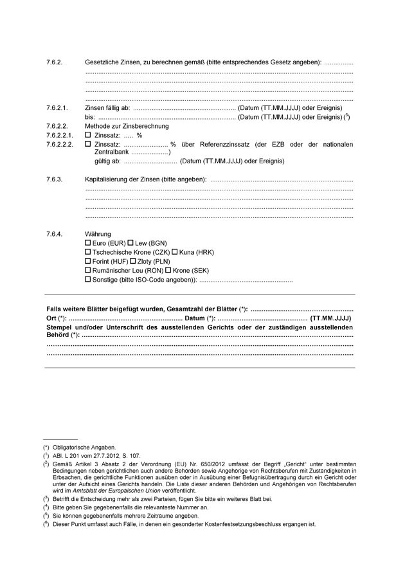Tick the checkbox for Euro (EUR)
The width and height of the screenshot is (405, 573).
pyautogui.click(x=88, y=244)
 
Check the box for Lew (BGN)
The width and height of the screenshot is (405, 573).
pyautogui.click(x=130, y=244)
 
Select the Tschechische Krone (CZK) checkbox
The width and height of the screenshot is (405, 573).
pyautogui.click(x=88, y=253)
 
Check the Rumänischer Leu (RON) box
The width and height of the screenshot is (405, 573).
pyautogui.click(x=88, y=271)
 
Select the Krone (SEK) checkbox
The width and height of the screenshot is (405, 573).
pyautogui.click(x=168, y=271)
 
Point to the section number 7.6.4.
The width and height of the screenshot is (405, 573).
pyautogui.click(x=54, y=233)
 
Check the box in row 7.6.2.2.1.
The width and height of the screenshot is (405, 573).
pyautogui.click(x=89, y=136)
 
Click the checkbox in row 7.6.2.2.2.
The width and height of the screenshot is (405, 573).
pyautogui.click(x=89, y=145)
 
